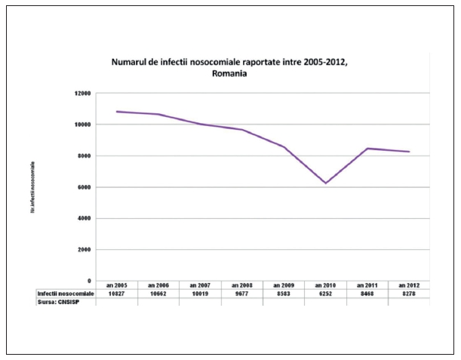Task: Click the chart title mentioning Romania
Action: coord(230,67)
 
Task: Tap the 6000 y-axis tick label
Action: coord(82,187)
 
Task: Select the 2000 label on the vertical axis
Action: coord(82,250)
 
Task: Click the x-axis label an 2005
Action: coord(116,285)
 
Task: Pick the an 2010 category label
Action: coord(325,285)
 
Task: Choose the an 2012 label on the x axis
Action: coord(409,285)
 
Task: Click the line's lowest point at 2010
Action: coord(325,183)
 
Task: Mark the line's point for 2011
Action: coord(367,148)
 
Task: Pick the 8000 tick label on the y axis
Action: coord(82,155)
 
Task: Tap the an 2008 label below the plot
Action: coord(241,285)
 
